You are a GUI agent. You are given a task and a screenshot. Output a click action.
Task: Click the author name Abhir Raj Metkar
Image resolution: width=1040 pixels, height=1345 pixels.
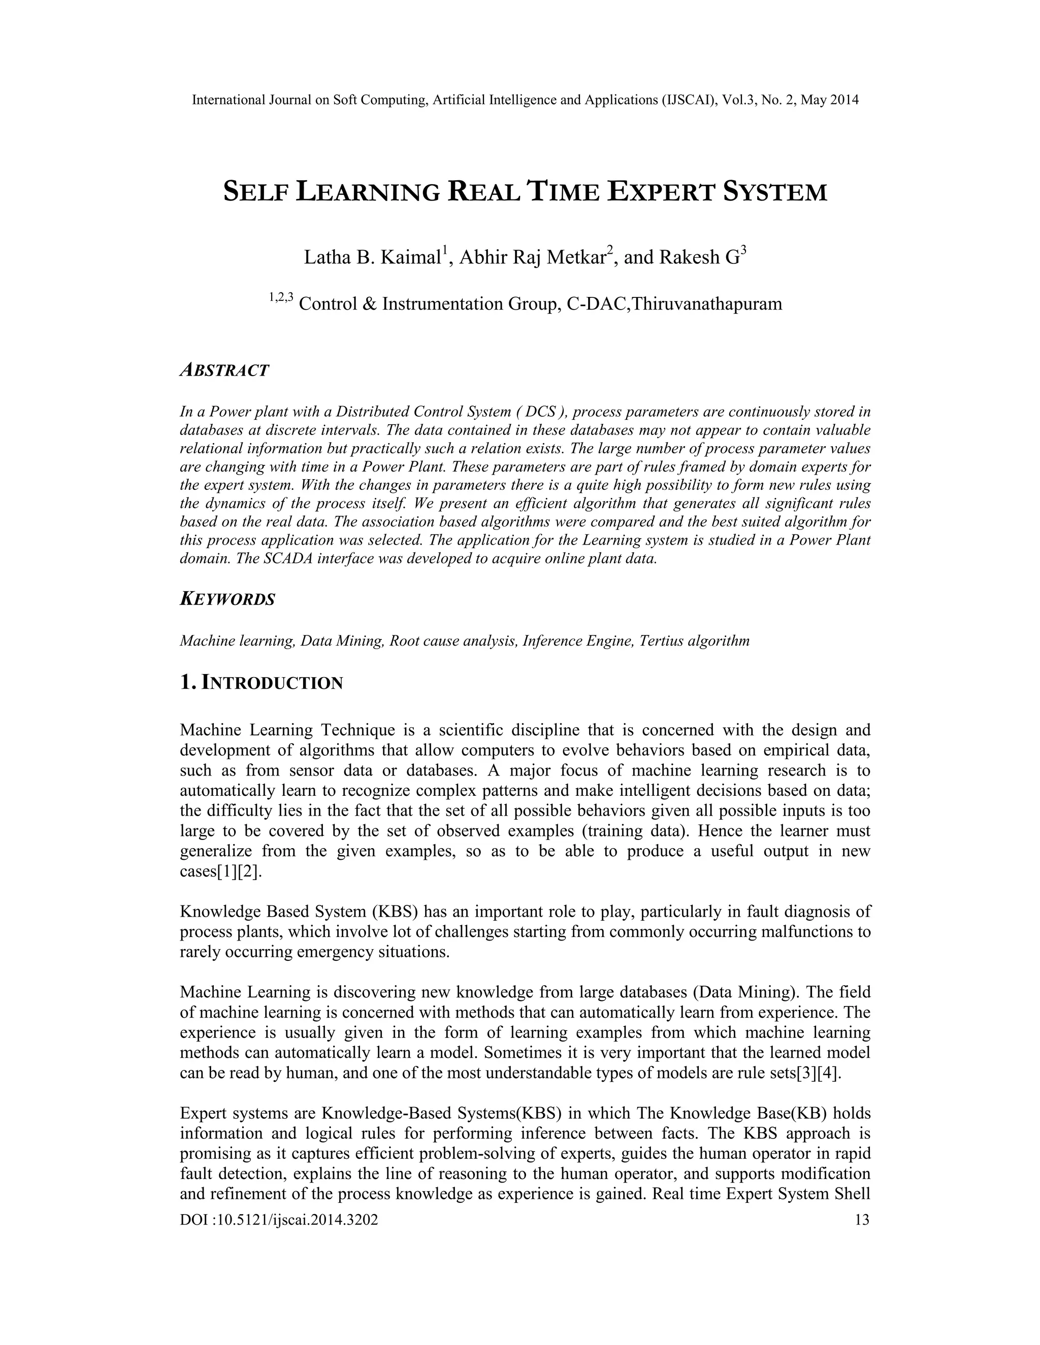click(532, 258)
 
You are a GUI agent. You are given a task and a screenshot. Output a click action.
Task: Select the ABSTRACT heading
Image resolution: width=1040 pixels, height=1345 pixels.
click(224, 371)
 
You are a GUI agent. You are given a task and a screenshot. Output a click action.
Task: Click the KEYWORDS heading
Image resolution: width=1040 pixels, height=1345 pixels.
click(227, 599)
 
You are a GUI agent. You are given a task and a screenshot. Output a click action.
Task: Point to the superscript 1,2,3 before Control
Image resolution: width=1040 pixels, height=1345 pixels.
click(281, 298)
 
